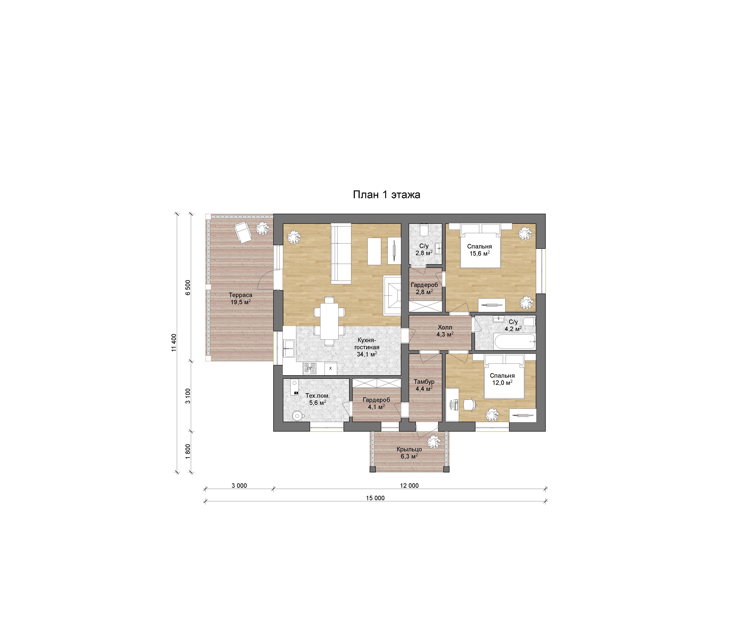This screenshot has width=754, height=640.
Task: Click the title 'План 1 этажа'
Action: [x=387, y=195]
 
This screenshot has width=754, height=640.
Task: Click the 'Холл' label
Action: [x=445, y=327]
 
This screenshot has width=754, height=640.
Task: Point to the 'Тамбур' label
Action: [x=424, y=382]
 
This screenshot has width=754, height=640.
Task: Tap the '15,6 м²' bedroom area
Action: [x=480, y=253]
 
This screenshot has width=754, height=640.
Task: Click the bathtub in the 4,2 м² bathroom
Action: [x=515, y=341]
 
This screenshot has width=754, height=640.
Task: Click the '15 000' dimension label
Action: [x=375, y=498]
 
